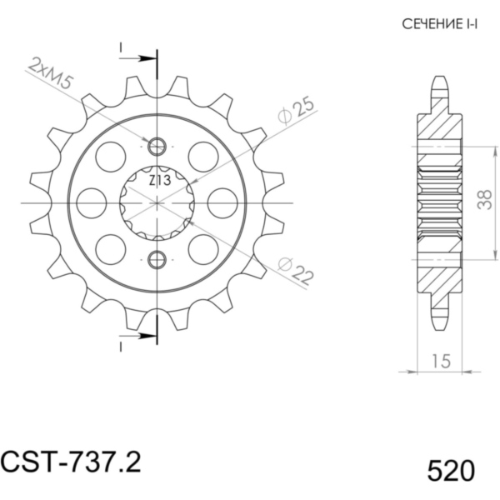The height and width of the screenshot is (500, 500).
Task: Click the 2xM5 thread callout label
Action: [x=50, y=74]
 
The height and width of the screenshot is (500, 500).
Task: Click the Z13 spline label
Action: [x=160, y=181]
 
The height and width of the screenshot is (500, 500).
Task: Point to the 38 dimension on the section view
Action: [x=485, y=200]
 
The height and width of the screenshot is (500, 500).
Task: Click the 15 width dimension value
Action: [x=442, y=361]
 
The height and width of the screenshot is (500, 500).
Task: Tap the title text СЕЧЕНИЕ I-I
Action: [x=440, y=24]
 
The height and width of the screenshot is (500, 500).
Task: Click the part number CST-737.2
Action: [x=71, y=462]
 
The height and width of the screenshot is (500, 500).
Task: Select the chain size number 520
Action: [x=451, y=472]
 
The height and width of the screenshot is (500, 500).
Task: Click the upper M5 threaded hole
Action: [x=157, y=147]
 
